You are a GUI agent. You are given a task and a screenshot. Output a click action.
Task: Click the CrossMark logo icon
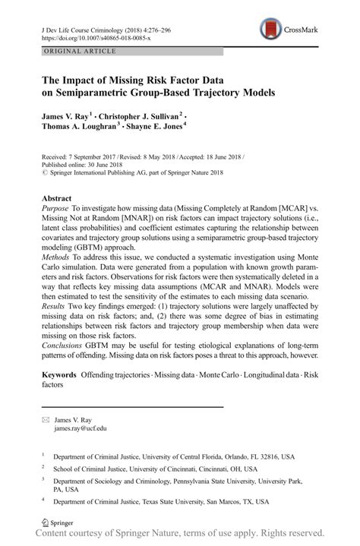(270, 30)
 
